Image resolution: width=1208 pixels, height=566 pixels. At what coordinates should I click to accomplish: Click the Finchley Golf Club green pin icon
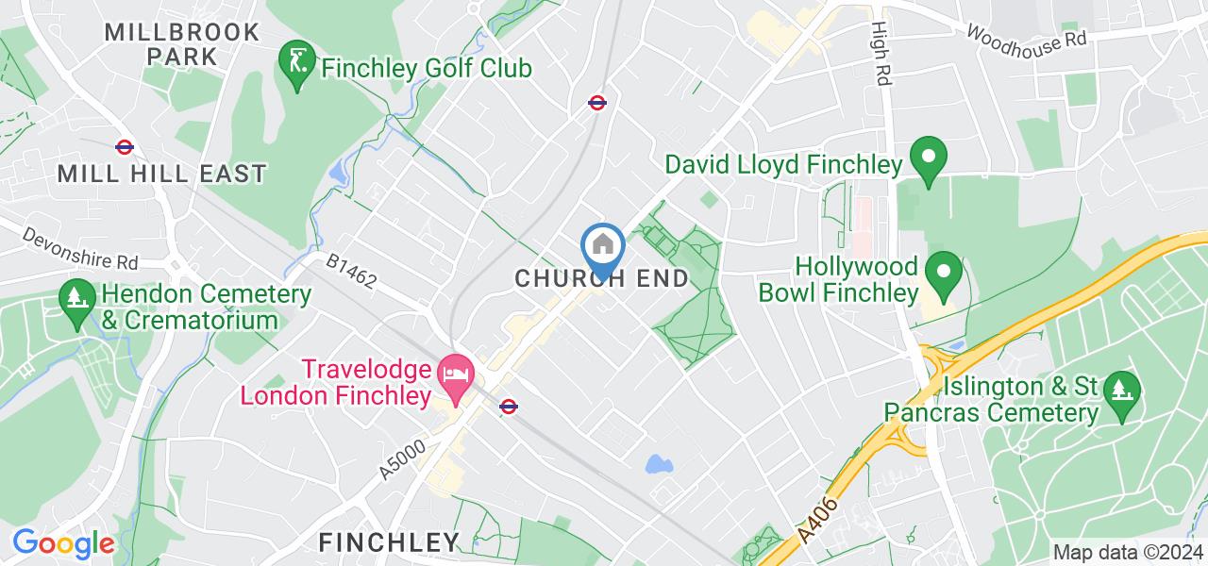tap(297, 63)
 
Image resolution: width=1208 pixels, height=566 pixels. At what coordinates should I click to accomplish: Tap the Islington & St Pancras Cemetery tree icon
tap(1120, 388)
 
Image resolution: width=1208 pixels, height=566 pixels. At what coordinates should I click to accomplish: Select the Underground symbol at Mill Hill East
tap(124, 146)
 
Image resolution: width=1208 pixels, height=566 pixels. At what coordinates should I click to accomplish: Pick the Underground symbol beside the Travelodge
tap(508, 407)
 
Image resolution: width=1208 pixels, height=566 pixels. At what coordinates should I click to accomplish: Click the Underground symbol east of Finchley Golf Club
tap(596, 102)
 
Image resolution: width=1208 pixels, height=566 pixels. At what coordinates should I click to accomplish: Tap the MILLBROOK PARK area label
tap(182, 43)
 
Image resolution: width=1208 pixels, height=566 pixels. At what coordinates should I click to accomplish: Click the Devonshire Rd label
tap(81, 247)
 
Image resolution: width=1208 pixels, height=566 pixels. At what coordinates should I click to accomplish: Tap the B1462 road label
tap(351, 269)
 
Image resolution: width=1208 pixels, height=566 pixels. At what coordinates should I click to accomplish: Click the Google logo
tap(62, 543)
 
